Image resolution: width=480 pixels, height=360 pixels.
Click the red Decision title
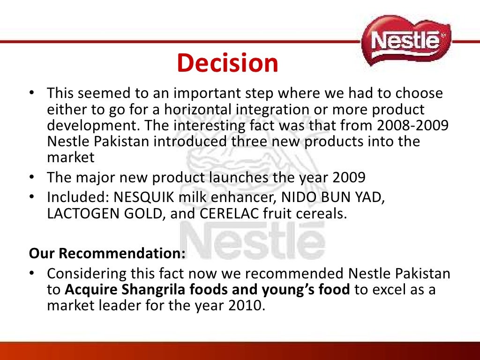click(x=227, y=63)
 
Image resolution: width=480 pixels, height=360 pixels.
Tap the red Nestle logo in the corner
click(x=406, y=41)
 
